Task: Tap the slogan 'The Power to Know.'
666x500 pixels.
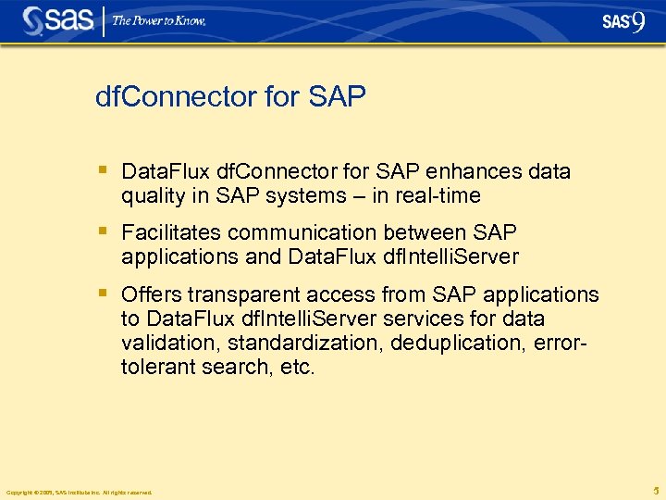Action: [159, 20]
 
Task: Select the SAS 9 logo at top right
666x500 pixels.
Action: [623, 21]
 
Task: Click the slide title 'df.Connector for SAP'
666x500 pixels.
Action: [230, 96]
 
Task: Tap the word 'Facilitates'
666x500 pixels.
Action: [171, 232]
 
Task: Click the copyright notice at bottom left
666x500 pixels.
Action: [79, 492]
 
